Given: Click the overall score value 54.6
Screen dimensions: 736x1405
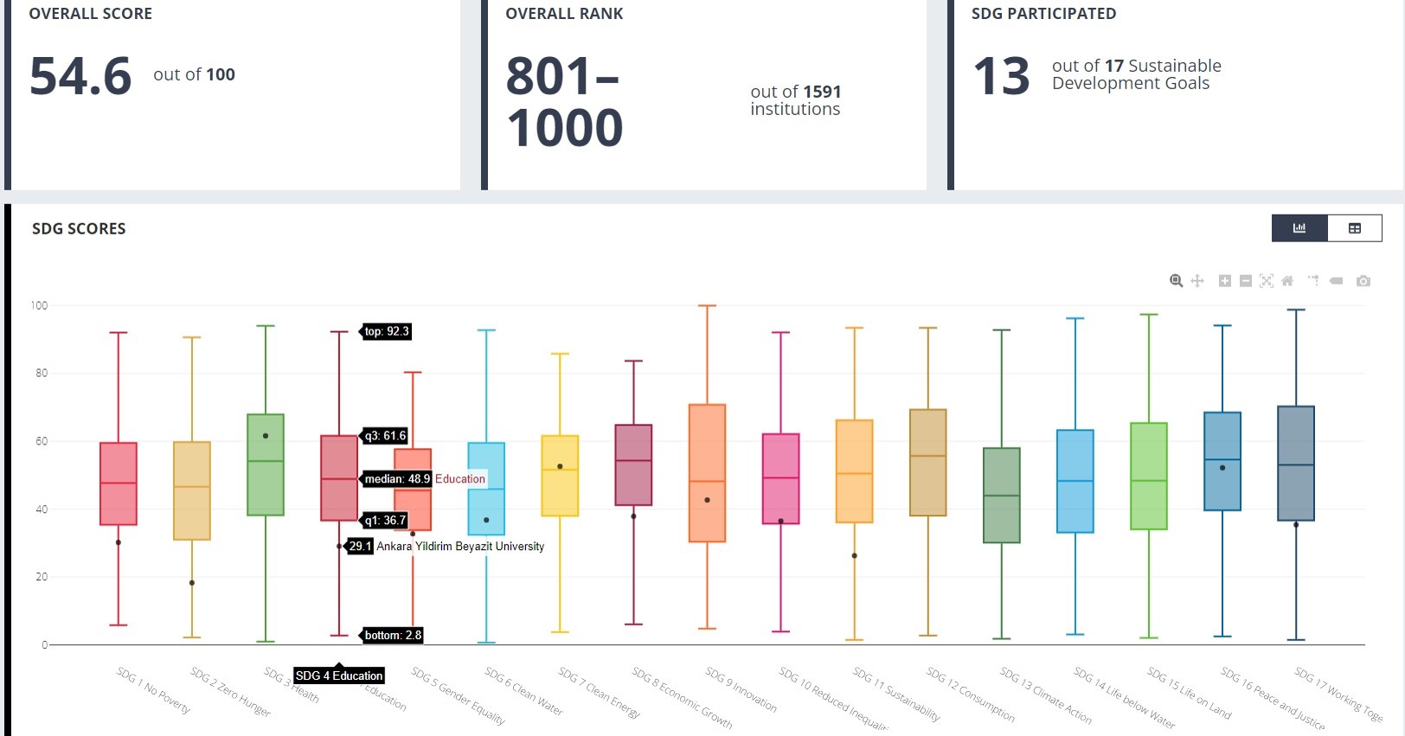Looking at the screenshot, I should coord(80,76).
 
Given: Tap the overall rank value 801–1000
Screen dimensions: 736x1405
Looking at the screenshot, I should coord(564,101).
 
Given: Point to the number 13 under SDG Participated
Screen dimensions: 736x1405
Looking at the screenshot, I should coord(1002,76).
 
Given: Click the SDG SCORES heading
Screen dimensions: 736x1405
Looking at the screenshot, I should coord(79,228).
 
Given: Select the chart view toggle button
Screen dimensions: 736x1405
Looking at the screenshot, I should coord(1299,227).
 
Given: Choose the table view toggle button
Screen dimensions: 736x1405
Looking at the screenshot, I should coord(1354,227).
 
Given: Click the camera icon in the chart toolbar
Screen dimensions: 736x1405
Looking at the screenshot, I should coord(1363,281).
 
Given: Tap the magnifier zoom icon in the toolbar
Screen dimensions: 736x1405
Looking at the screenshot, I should coord(1176,281).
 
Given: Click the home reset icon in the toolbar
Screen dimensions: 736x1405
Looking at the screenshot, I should coord(1287,281).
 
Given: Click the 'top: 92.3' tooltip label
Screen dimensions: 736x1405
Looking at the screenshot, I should coord(386,331).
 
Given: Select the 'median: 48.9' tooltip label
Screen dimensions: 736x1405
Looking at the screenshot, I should coord(396,478).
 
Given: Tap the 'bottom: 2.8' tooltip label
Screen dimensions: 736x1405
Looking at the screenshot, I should coord(392,635).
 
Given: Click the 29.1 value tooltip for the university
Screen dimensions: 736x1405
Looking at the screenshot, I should coord(360,546).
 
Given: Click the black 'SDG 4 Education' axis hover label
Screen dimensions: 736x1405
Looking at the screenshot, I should coord(339,675).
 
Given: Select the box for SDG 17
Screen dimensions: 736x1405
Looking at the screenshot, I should coord(1295,463).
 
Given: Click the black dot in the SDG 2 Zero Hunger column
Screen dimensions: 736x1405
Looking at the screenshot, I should coord(192,583).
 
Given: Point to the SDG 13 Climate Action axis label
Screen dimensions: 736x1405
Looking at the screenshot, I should coord(1045,694).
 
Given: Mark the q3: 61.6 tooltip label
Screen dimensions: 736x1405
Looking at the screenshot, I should coord(385,436).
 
